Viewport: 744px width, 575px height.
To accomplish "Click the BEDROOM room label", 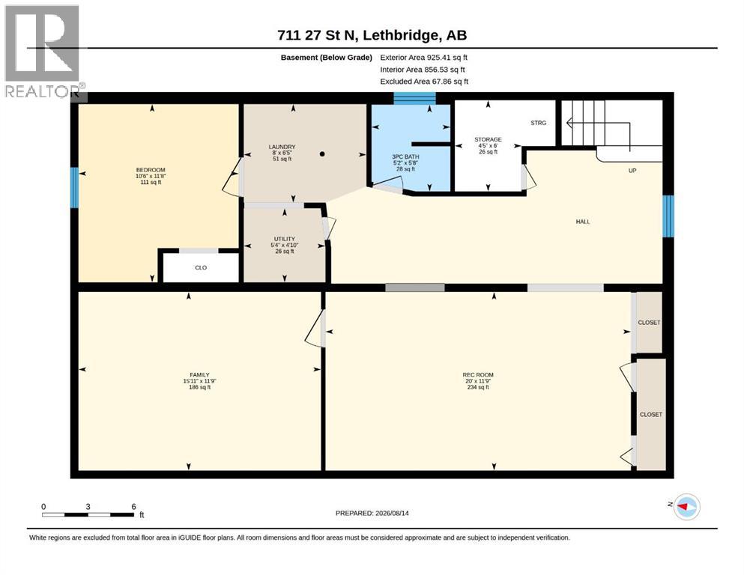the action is pyautogui.click(x=151, y=170).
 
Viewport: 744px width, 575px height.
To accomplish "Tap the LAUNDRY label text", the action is pyautogui.click(x=282, y=147).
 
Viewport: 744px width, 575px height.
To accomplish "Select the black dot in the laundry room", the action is pyautogui.click(x=322, y=154).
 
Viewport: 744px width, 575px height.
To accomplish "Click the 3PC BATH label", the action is pyautogui.click(x=405, y=156).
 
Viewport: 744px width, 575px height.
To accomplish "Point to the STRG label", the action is pyautogui.click(x=539, y=123).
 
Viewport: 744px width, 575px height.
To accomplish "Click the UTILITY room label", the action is pyautogui.click(x=285, y=239).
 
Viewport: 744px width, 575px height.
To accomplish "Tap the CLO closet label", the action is pyautogui.click(x=201, y=268).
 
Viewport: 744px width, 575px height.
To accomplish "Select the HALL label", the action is pyautogui.click(x=583, y=222).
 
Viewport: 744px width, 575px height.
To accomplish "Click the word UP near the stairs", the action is pyautogui.click(x=632, y=171).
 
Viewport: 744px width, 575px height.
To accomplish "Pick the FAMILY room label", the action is pyautogui.click(x=200, y=375).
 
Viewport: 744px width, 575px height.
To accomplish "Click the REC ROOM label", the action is pyautogui.click(x=478, y=375).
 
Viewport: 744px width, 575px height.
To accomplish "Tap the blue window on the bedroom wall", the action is pyautogui.click(x=74, y=187).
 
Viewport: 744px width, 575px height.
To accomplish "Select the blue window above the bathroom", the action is pyautogui.click(x=414, y=98).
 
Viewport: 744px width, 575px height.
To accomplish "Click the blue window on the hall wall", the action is pyautogui.click(x=668, y=216).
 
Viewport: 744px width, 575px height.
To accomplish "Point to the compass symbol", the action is pyautogui.click(x=686, y=506).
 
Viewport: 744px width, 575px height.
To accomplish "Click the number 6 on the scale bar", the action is pyautogui.click(x=134, y=506).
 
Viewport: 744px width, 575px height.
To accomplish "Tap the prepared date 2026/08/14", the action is pyautogui.click(x=392, y=513).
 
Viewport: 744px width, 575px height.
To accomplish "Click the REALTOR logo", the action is pyautogui.click(x=43, y=51).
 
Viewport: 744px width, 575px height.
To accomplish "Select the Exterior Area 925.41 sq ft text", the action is pyautogui.click(x=424, y=58).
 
